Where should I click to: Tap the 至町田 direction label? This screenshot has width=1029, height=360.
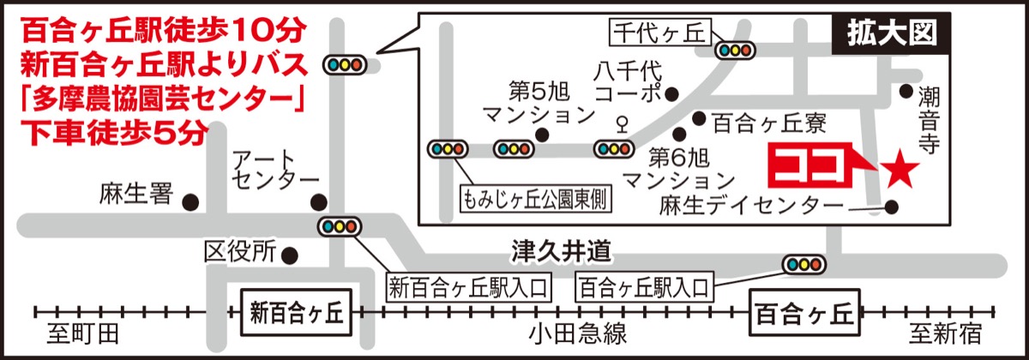83,333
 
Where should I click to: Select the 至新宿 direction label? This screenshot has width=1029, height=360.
948,333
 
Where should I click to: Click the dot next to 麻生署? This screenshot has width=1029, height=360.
190,202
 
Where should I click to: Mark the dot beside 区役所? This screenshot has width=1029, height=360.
291,255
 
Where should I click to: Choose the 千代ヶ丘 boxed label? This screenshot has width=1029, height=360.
657,33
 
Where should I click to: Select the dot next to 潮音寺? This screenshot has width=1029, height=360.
906,90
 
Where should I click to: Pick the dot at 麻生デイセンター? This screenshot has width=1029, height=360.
892,207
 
